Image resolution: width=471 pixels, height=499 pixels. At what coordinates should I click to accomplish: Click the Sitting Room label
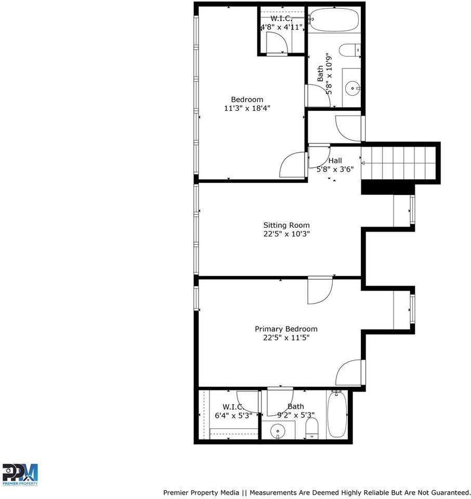[286, 225]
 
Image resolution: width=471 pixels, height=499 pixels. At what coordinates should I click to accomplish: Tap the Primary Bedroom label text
[286, 329]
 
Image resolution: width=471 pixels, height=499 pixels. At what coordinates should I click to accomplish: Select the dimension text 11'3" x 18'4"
[247, 108]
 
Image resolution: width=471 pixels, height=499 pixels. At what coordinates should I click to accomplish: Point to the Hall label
[335, 161]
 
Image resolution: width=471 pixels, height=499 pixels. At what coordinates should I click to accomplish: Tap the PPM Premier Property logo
[20, 474]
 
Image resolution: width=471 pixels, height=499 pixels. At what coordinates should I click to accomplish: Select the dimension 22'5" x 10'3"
[286, 234]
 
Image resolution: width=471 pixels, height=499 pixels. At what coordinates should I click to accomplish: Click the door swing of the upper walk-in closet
[275, 43]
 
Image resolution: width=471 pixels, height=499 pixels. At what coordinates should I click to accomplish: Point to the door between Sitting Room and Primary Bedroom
[319, 291]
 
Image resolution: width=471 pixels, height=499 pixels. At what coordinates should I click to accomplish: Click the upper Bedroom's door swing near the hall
[293, 164]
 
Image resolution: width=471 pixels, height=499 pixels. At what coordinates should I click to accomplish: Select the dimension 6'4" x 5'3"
[233, 415]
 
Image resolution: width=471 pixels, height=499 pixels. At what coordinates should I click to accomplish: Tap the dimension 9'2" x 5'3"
[296, 415]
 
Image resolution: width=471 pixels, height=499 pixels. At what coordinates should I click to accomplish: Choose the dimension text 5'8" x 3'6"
[335, 169]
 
